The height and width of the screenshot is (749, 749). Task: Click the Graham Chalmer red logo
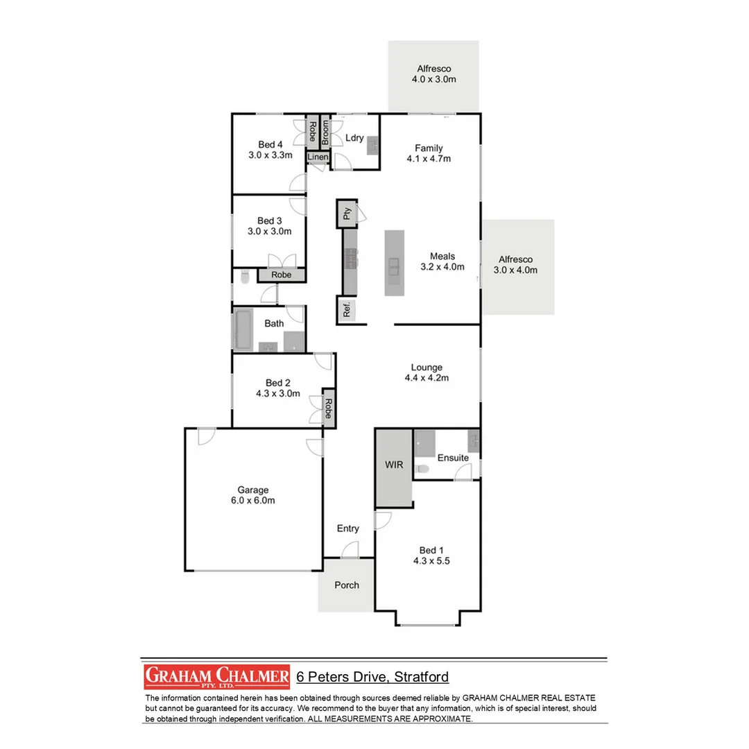click(216, 677)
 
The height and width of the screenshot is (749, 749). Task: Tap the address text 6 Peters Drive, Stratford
click(372, 677)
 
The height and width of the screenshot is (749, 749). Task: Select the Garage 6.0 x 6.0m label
click(252, 495)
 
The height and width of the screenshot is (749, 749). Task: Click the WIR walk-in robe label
click(394, 465)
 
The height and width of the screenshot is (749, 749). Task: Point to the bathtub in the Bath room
click(243, 330)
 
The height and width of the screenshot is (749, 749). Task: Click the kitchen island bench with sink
click(394, 264)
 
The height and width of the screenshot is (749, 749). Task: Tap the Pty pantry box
click(347, 213)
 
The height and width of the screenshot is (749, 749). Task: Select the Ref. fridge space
click(347, 310)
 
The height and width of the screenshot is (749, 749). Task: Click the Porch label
click(347, 585)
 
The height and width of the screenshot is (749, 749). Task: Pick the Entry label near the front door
click(348, 528)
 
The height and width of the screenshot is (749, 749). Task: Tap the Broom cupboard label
click(325, 132)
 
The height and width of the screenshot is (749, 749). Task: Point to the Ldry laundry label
click(354, 138)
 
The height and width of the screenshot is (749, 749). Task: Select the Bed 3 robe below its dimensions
click(281, 275)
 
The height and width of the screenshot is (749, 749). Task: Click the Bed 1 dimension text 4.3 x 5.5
click(431, 562)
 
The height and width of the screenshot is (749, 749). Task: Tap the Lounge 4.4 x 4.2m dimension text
click(427, 379)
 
